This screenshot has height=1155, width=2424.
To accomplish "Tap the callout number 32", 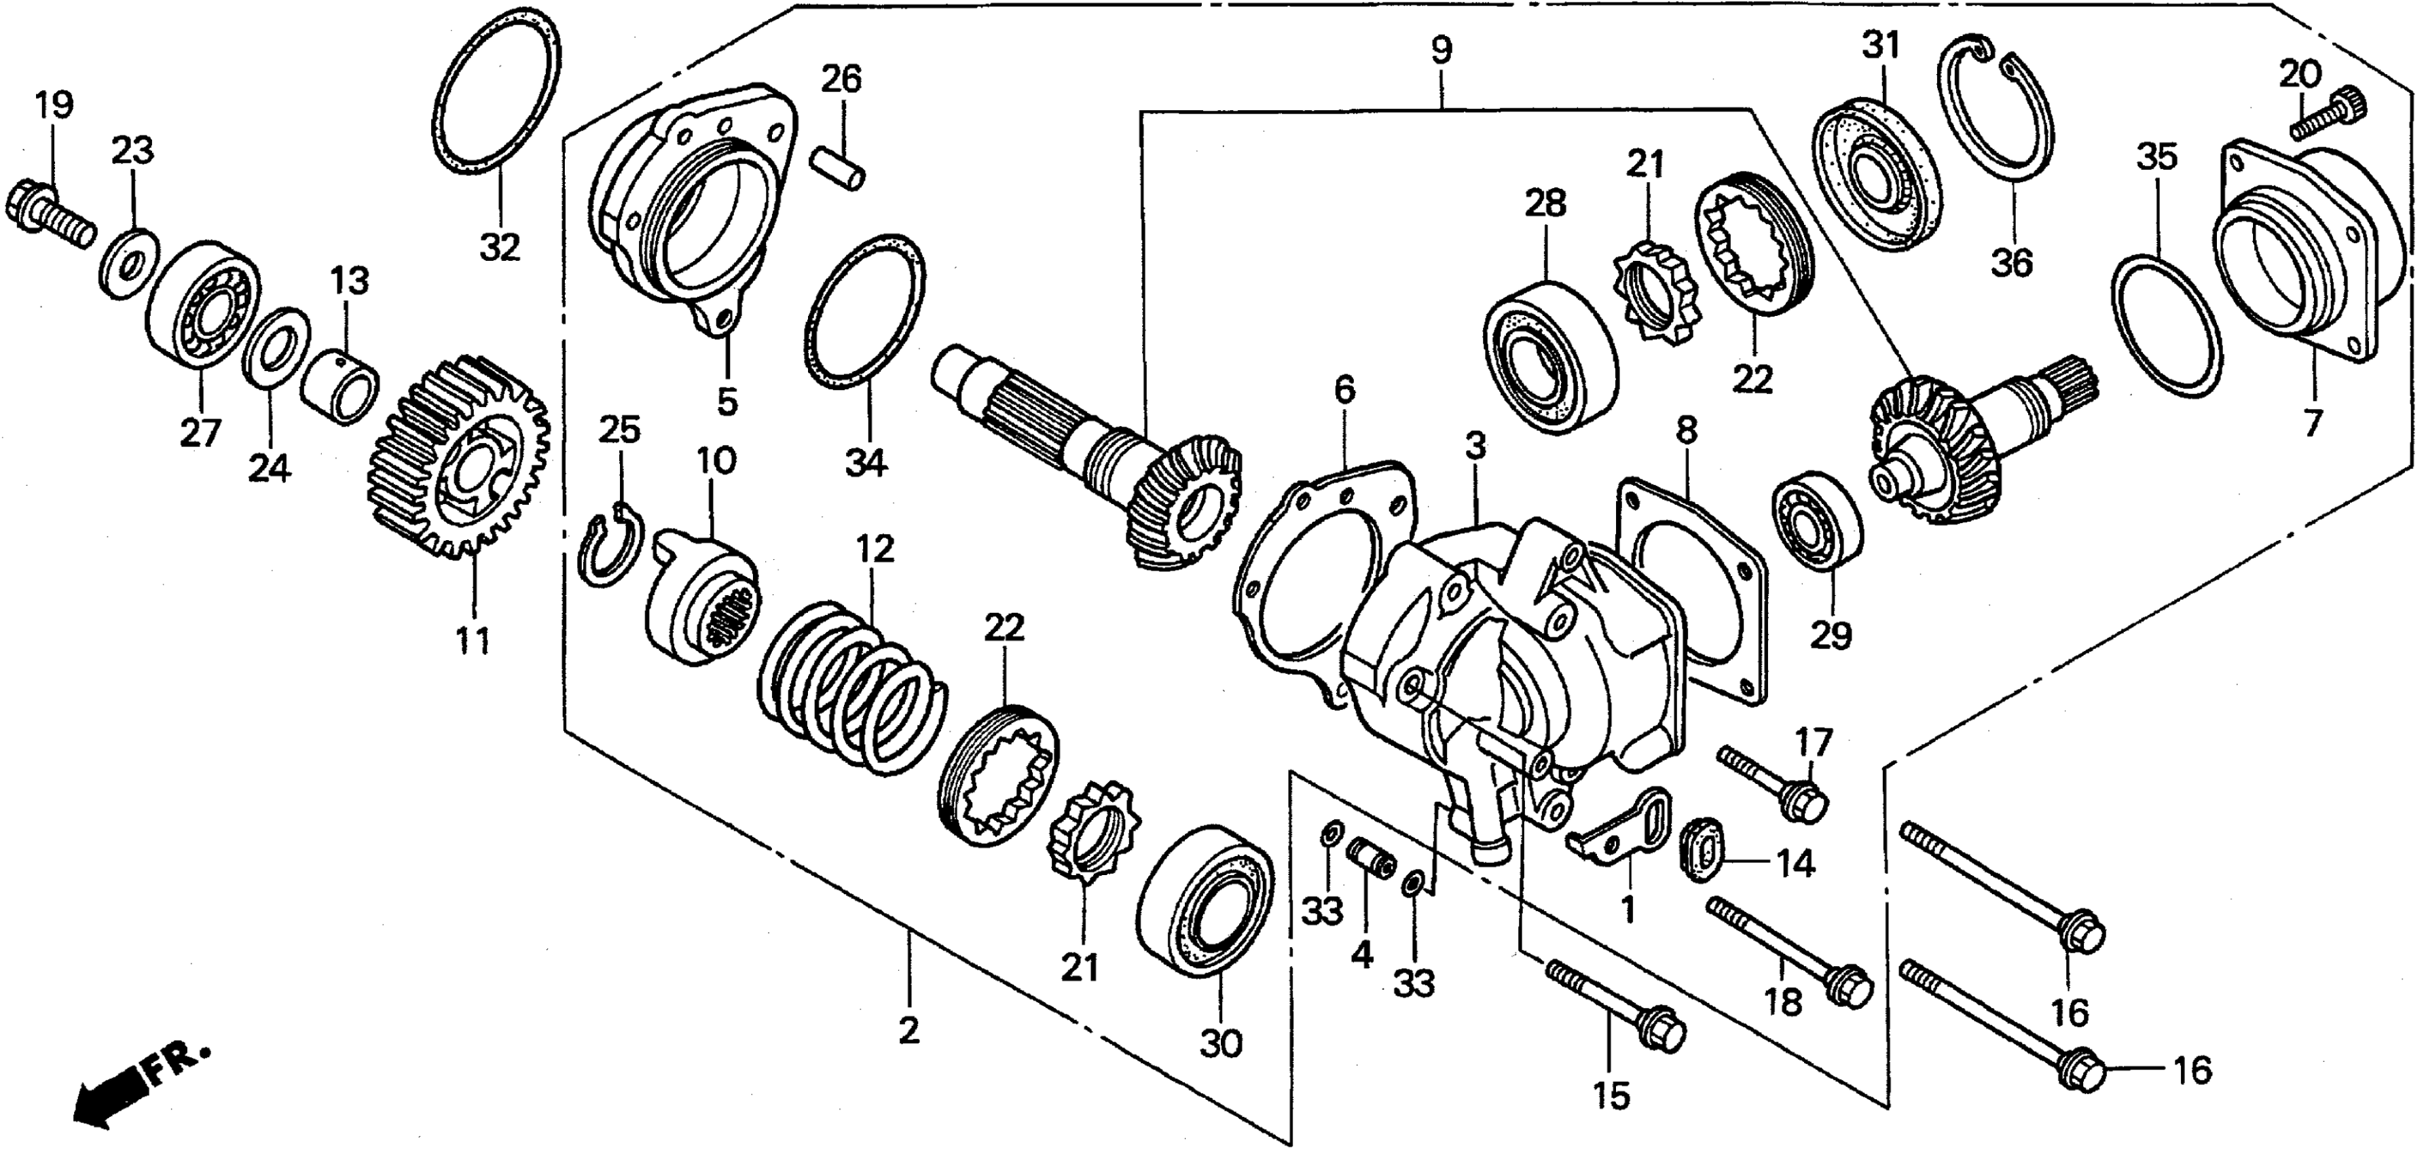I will [x=500, y=247].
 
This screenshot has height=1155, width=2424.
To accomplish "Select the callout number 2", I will [x=909, y=1031].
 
